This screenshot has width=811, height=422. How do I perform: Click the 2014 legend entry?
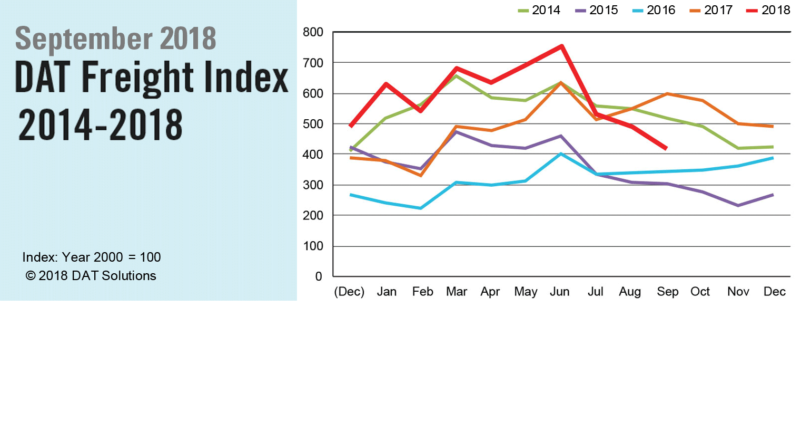click(x=539, y=10)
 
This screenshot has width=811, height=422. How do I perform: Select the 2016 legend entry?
click(x=654, y=10)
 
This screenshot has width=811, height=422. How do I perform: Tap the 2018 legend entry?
click(x=769, y=10)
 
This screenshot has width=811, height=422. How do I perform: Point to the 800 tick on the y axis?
click(x=313, y=32)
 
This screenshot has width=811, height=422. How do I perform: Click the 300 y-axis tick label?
click(x=313, y=185)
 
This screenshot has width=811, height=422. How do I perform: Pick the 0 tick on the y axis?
click(x=318, y=276)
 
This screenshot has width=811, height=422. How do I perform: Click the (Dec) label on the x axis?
click(x=349, y=292)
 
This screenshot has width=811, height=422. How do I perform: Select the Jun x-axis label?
click(x=559, y=292)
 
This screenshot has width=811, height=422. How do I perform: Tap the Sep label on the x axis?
click(x=667, y=292)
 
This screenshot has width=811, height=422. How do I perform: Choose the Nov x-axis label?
click(x=738, y=292)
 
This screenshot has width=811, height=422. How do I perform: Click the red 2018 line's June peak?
click(x=562, y=46)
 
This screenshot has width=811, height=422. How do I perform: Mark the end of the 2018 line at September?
click(x=666, y=148)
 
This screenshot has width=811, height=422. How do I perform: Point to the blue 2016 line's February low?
click(x=420, y=208)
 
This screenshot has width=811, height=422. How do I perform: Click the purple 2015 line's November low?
click(x=738, y=206)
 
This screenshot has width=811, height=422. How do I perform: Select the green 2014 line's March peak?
click(x=456, y=75)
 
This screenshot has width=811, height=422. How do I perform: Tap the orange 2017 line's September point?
click(x=667, y=94)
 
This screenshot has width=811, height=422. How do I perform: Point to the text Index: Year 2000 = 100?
click(x=91, y=257)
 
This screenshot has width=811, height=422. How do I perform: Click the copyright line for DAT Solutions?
click(x=91, y=276)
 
